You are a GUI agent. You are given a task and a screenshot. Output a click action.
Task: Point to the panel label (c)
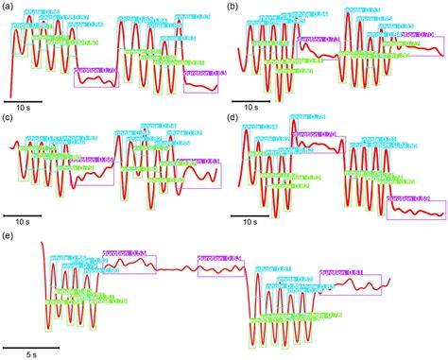tap(9, 119)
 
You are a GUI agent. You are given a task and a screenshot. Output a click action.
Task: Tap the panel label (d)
tap(233, 119)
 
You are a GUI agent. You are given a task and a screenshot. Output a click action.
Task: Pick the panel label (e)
tap(9, 232)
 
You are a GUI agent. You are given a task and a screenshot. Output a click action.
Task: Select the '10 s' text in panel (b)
tap(249, 109)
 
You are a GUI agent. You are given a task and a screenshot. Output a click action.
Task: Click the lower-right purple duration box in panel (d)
tap(415, 209)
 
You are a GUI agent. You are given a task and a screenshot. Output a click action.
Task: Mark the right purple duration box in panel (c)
tap(197, 174)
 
